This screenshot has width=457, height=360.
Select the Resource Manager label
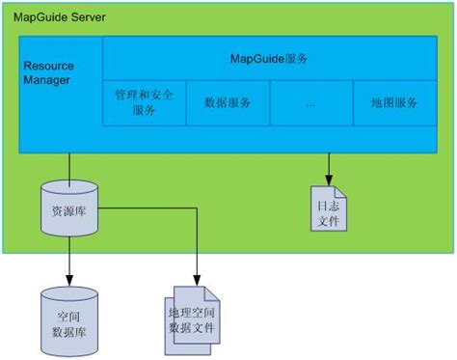pyautogui.click(x=48, y=73)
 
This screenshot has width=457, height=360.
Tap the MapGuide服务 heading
pyautogui.click(x=269, y=60)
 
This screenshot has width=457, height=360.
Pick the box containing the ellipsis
pyautogui.click(x=310, y=102)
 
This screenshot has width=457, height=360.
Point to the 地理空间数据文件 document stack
pyautogui.click(x=199, y=315)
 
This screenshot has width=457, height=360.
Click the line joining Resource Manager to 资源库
pyautogui.click(x=69, y=165)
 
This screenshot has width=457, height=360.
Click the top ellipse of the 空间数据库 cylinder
pyautogui.click(x=69, y=293)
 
